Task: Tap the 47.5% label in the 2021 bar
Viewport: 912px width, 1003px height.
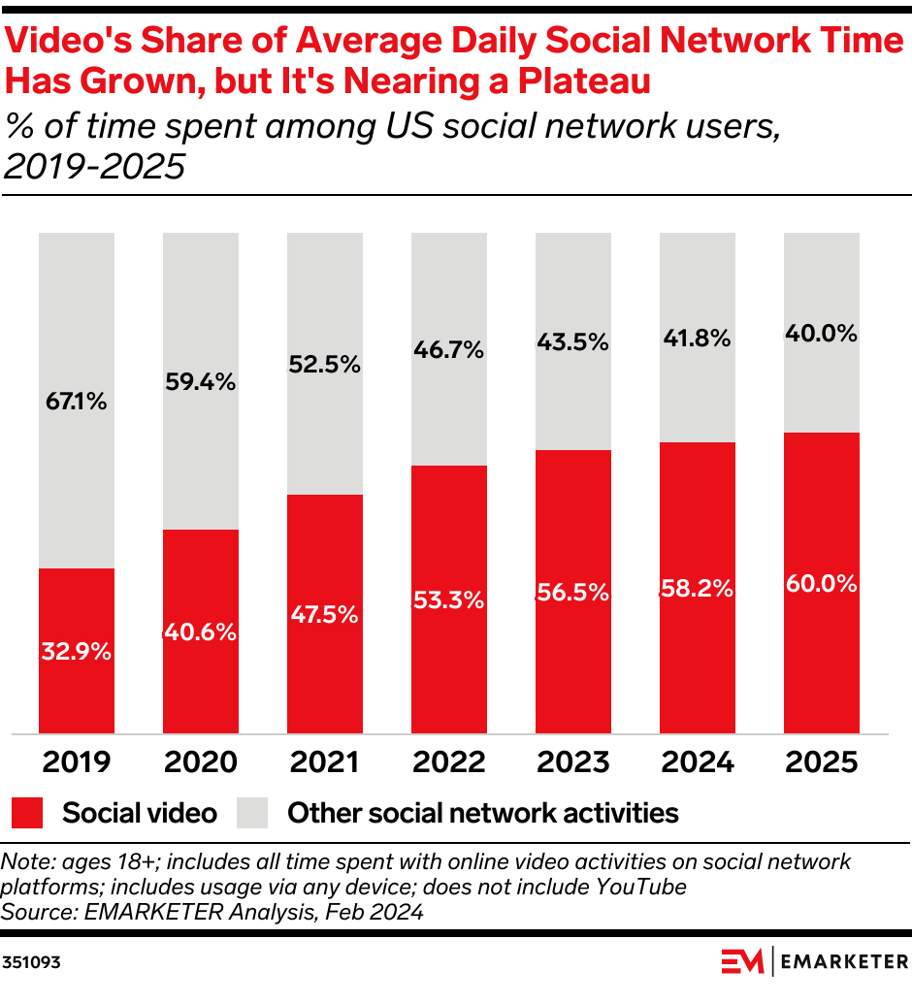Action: coord(325,615)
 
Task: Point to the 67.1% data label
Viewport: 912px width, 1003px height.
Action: coord(77,401)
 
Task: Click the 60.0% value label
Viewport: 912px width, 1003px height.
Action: coord(822,584)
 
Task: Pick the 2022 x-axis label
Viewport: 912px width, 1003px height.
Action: coord(449,762)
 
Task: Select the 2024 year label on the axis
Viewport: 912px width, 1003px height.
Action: coord(698,762)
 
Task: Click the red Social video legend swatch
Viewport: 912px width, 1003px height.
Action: coord(28,813)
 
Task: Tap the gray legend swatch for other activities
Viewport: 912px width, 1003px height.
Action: coord(252,813)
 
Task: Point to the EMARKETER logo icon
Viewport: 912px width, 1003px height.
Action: coord(743,961)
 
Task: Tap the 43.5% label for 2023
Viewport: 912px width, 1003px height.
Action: coord(573,342)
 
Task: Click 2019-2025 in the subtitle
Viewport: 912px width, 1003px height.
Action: coord(94,168)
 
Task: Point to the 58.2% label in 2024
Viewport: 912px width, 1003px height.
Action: coord(698,588)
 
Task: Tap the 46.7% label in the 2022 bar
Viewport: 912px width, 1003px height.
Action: coord(449,350)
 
